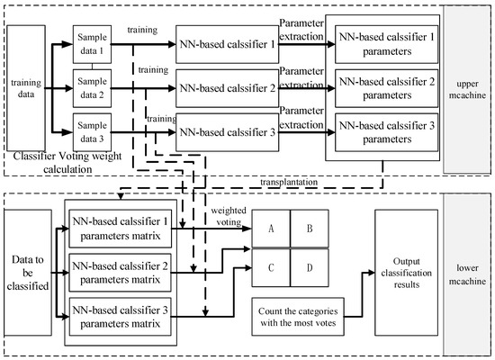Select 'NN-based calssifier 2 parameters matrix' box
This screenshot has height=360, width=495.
coord(121,273)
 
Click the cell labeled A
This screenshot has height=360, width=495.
coord(270,229)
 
